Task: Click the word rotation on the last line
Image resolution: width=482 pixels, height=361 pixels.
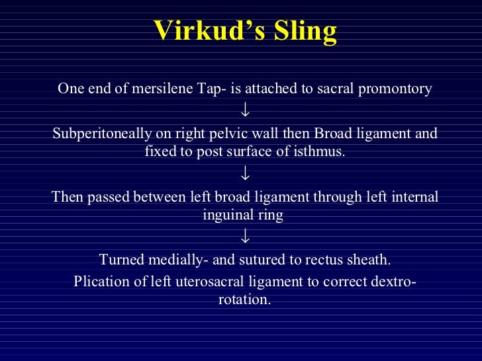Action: tap(243, 298)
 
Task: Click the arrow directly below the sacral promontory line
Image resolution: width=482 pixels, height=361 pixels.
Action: tap(245, 108)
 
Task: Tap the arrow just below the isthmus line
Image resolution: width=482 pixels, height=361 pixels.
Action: tap(245, 173)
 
